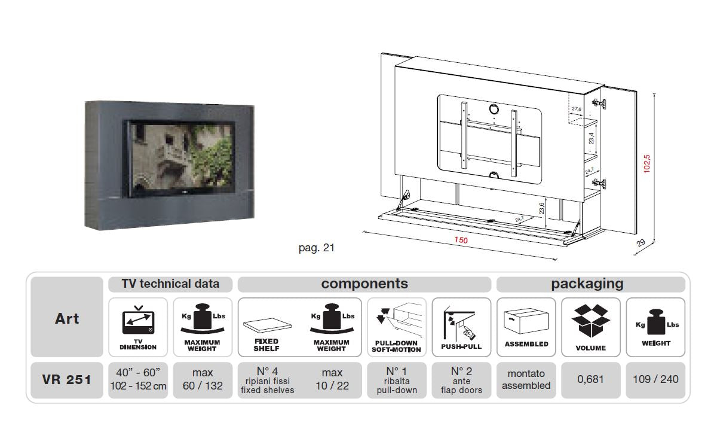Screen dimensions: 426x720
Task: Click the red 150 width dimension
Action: click(461, 241)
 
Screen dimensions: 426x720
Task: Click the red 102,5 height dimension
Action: click(647, 163)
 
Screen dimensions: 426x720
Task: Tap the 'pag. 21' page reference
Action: click(316, 248)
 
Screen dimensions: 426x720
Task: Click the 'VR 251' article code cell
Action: click(67, 379)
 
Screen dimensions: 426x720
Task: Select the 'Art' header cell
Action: click(67, 318)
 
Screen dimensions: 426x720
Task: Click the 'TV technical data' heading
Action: click(170, 284)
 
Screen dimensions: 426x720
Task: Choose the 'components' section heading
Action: click(364, 284)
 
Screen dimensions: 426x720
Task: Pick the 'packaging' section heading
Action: click(587, 284)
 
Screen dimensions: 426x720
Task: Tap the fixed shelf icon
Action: click(266, 326)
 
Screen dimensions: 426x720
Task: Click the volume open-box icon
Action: click(590, 321)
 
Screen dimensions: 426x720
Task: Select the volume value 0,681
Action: click(591, 379)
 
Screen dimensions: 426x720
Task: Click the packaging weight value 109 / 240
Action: click(656, 379)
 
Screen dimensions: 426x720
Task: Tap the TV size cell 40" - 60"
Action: click(138, 379)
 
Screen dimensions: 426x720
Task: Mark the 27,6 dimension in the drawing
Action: click(576, 109)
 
